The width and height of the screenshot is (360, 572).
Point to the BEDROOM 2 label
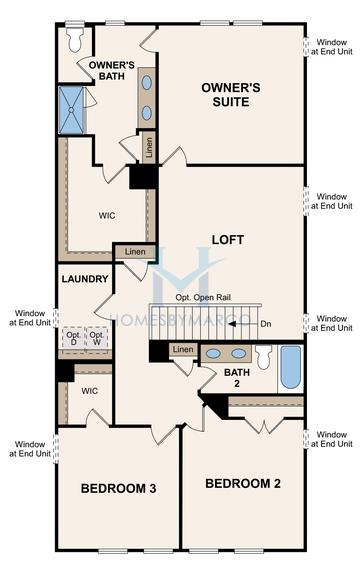tap(242, 484)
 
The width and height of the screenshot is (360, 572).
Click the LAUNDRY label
tap(83, 279)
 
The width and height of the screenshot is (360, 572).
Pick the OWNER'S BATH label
tap(112, 71)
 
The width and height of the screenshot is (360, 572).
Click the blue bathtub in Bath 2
tap(290, 368)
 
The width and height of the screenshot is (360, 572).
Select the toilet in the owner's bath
tap(75, 38)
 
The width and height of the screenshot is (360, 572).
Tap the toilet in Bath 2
tap(263, 357)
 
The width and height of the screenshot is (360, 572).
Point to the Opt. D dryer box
tap(72, 338)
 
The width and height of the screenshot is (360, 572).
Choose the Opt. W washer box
tap(97, 338)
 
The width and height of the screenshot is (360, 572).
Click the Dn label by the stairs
tap(265, 323)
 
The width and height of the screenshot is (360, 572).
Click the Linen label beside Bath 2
tap(182, 349)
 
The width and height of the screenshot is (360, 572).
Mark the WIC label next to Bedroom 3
tap(89, 391)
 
